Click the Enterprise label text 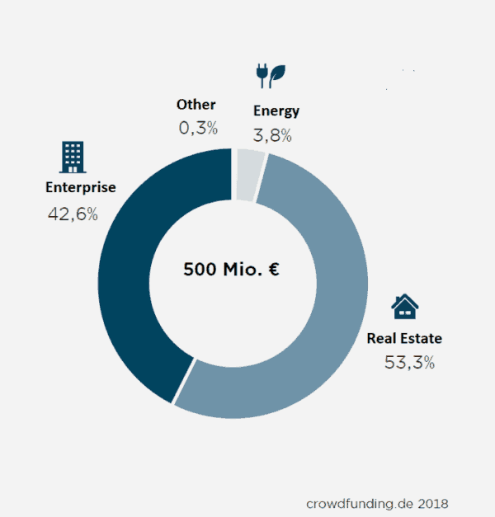point(80,187)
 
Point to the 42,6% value point(73,214)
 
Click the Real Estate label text point(404,338)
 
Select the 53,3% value point(410,362)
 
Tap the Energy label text point(276,110)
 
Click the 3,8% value point(272,135)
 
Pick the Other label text point(196,105)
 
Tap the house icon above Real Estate point(404,307)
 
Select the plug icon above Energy point(262,75)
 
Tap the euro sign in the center point(272,270)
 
